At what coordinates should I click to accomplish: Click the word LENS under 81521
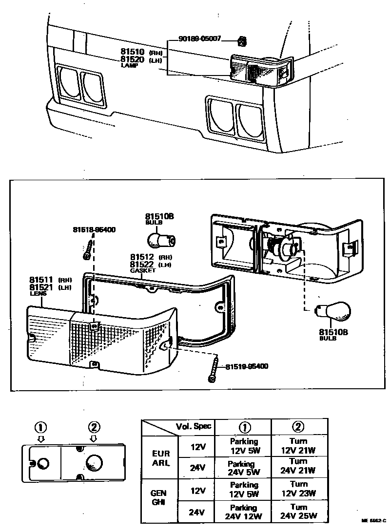point(38,294)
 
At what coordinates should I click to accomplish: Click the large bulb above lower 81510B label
point(333,310)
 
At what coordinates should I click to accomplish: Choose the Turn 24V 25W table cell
point(298,512)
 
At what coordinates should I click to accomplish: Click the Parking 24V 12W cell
point(243,512)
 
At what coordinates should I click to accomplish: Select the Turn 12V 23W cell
point(298,489)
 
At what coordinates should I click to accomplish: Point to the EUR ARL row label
point(161,458)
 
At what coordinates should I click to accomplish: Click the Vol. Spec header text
point(194,426)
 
